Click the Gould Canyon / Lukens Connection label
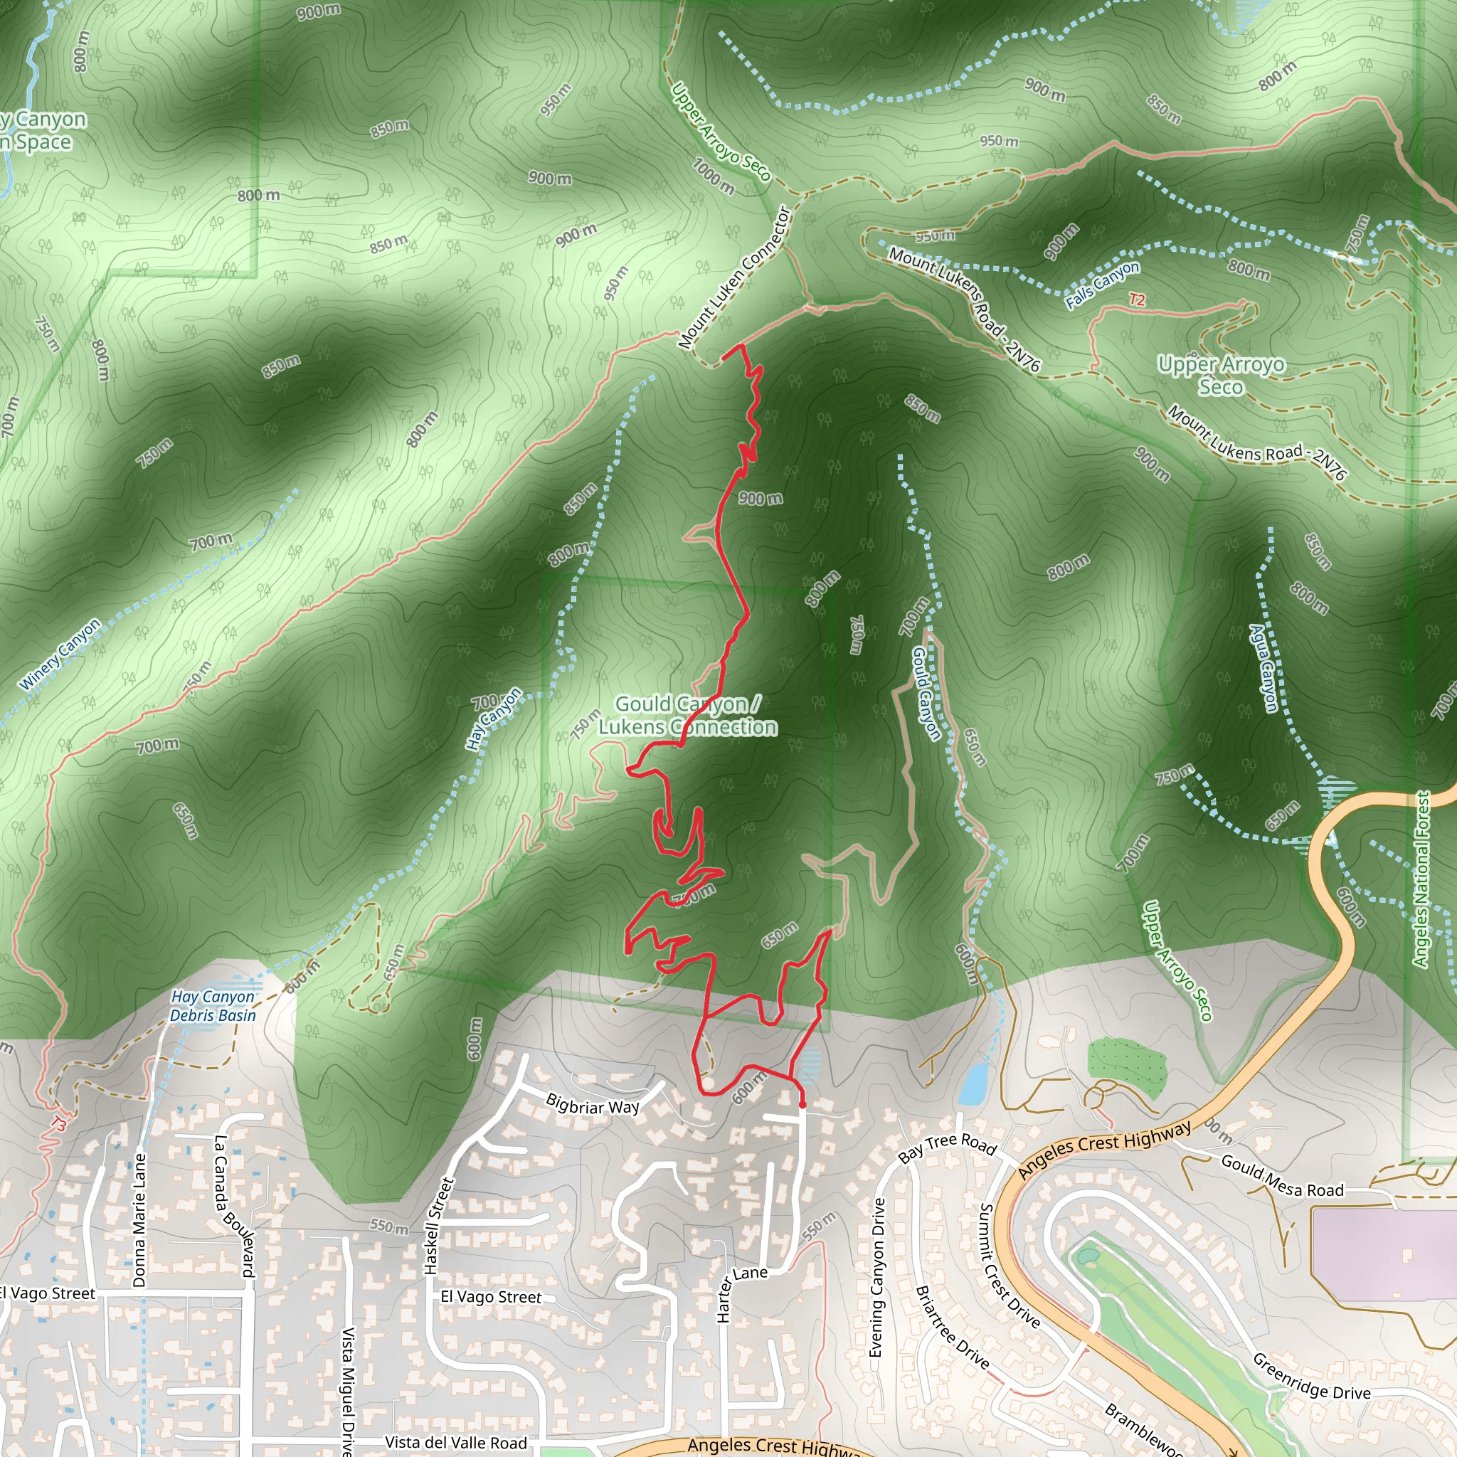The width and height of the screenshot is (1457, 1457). [x=688, y=715]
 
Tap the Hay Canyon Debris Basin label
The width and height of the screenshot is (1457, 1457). [x=213, y=1006]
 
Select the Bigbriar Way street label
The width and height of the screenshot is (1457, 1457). [x=593, y=1106]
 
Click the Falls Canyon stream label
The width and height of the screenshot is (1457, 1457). [x=1103, y=285]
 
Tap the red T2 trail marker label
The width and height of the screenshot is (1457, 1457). [x=1136, y=300]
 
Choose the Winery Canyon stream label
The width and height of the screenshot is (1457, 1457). [x=60, y=655]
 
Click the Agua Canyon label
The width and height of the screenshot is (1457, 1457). [x=1264, y=668]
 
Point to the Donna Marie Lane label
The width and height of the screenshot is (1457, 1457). [x=139, y=1219]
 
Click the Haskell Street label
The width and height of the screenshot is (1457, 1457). [x=439, y=1226]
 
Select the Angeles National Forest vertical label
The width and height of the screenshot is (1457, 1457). [x=1421, y=879]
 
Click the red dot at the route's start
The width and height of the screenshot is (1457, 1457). [x=802, y=1105]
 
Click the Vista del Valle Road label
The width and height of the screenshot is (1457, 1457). [x=455, y=1442]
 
